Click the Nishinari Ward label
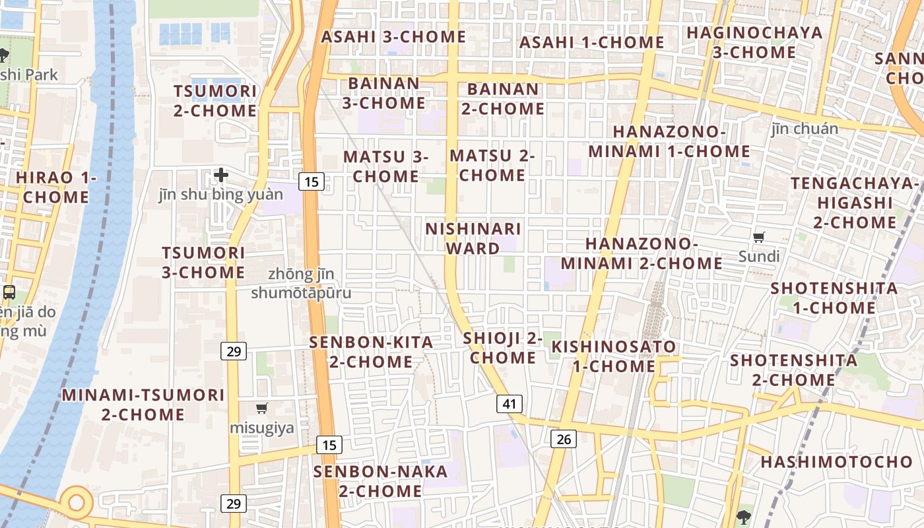click(473, 238)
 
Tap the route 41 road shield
click(509, 404)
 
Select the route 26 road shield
click(563, 438)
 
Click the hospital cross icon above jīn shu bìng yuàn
click(221, 175)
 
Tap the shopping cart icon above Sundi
click(759, 237)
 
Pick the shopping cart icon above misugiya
click(262, 409)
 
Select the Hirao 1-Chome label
click(56, 187)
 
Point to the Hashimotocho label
click(836, 462)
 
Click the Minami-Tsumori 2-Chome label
click(143, 405)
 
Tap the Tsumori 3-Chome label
click(203, 262)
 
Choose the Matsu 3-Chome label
click(385, 166)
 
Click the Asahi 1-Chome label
click(591, 42)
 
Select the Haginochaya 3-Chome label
click(754, 42)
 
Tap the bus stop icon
click(9, 292)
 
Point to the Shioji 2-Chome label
click(502, 348)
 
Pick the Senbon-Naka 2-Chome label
click(380, 481)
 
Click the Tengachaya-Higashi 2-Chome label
click(855, 202)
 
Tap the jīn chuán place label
click(805, 129)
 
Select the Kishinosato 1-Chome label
click(614, 356)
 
